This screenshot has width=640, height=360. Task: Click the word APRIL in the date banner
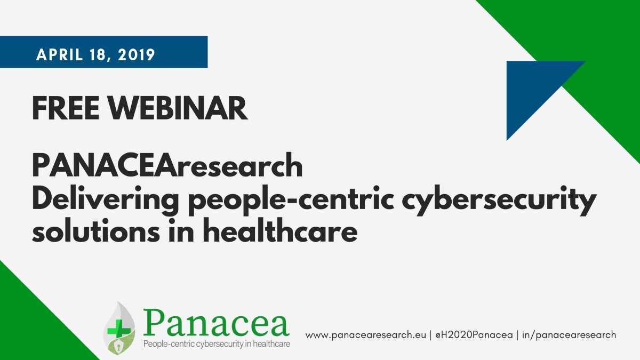click(x=59, y=54)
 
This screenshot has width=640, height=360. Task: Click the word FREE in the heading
click(x=66, y=109)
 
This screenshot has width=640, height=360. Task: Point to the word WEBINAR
click(x=178, y=109)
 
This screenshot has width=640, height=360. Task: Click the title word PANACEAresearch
click(x=167, y=165)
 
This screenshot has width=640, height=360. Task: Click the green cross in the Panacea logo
click(x=119, y=331)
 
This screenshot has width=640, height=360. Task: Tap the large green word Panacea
click(x=215, y=323)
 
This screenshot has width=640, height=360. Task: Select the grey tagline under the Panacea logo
click(x=217, y=344)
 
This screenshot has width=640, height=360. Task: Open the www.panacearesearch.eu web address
click(x=366, y=335)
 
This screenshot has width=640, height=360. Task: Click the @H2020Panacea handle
click(x=474, y=335)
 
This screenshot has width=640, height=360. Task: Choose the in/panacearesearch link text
click(x=569, y=335)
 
